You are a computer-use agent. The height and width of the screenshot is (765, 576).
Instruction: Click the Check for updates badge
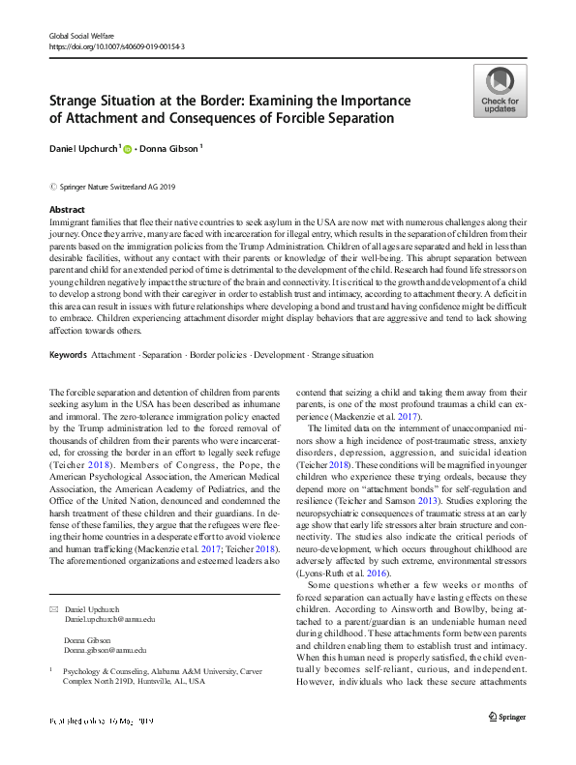click(x=500, y=90)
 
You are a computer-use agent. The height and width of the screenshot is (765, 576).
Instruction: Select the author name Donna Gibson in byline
click(x=166, y=148)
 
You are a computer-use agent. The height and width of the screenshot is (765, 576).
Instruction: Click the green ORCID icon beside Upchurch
click(x=126, y=148)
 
